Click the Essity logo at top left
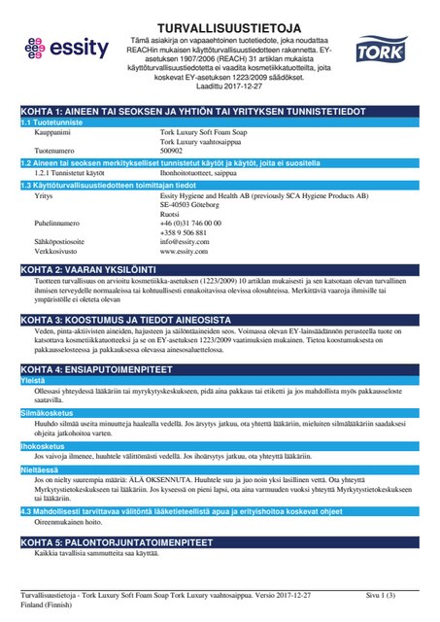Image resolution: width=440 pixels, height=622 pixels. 60,48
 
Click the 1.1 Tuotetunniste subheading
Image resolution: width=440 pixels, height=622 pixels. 55,123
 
